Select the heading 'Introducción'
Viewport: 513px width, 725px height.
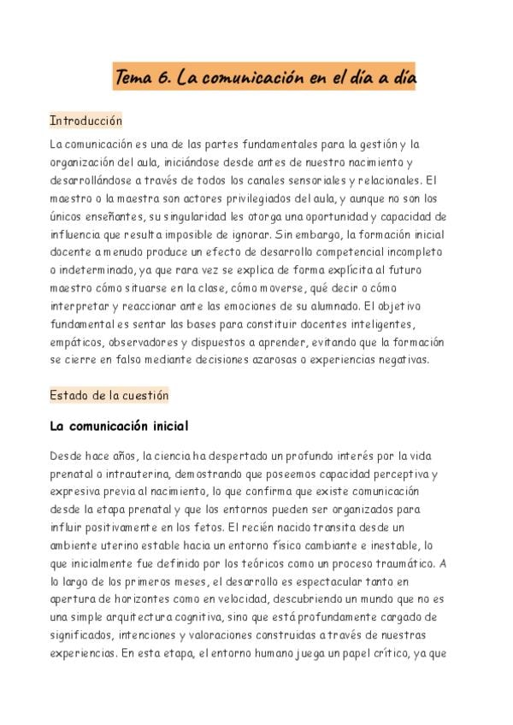85,121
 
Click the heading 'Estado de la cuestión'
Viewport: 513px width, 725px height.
109,395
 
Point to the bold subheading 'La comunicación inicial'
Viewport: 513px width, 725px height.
119,425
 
